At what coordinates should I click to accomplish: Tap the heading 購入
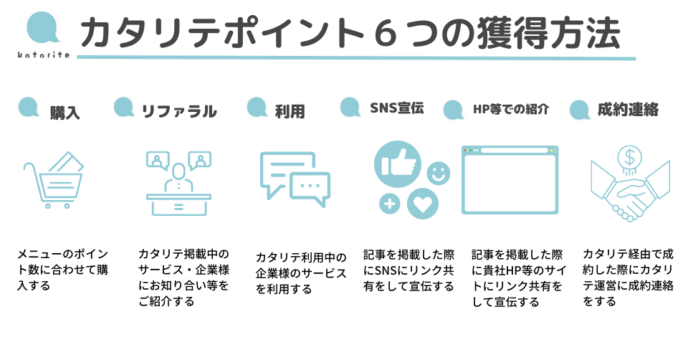coord(65,113)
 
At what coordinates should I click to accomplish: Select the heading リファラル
coord(178,111)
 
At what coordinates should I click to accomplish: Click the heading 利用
coord(290,111)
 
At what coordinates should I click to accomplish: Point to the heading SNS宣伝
coord(396,108)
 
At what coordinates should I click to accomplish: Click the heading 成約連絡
coord(628,110)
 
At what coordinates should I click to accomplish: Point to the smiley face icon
coord(437,173)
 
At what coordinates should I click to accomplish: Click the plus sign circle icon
coord(389,204)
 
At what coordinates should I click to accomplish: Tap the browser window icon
coord(510,179)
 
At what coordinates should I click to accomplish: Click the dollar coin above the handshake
coord(630,156)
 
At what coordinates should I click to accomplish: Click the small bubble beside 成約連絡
coord(580,110)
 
